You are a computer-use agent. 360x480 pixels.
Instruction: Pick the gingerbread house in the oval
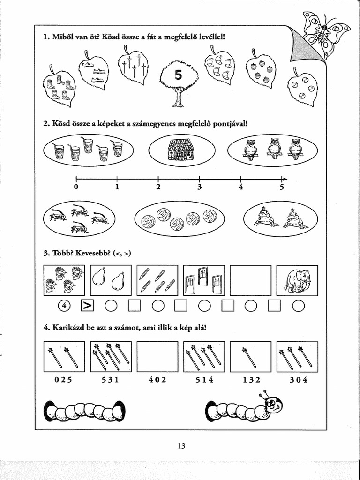tap(181, 150)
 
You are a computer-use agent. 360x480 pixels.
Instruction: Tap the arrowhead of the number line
tap(284, 179)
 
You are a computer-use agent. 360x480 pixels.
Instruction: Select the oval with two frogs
tap(280, 219)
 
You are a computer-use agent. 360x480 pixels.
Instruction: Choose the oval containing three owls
tap(272, 149)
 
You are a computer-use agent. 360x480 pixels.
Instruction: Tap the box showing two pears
tap(110, 280)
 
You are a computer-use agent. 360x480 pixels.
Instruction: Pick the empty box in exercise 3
tap(251, 280)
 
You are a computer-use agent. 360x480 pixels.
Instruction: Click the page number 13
tap(181, 446)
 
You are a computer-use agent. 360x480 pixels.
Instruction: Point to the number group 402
tap(157, 380)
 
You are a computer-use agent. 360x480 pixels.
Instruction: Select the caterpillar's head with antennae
tap(272, 402)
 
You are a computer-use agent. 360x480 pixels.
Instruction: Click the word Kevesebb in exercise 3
tap(91, 254)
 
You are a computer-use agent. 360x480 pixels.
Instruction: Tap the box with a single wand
tap(251, 357)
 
